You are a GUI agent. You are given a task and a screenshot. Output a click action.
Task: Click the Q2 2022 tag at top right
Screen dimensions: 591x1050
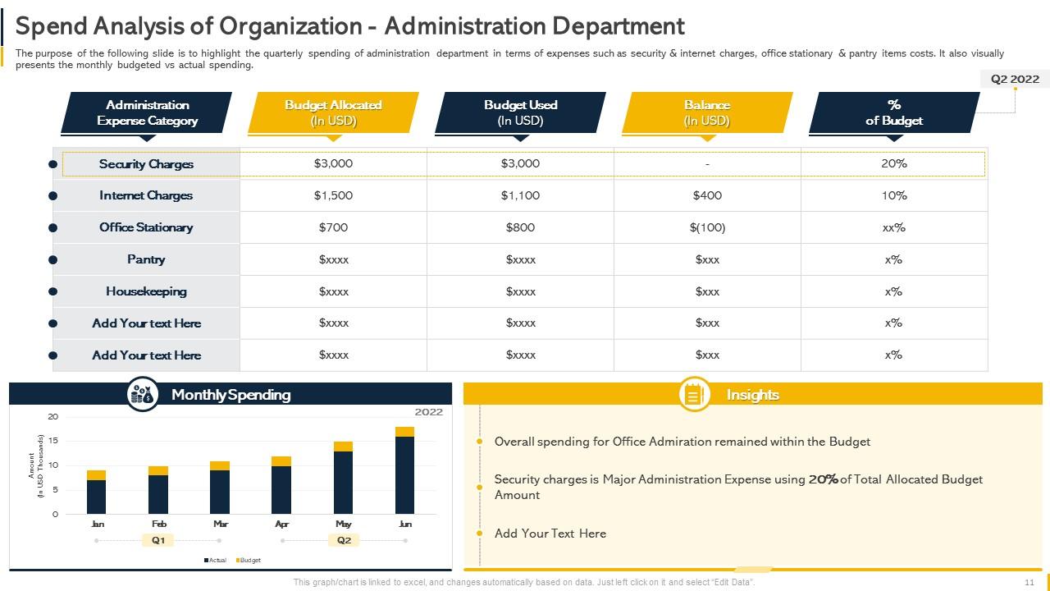coord(1015,79)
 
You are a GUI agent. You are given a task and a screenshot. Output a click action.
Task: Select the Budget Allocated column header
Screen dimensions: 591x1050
coord(333,112)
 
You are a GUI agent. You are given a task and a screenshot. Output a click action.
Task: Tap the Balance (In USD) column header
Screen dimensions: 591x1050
coord(707,112)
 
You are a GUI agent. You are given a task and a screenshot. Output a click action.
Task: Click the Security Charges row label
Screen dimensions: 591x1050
coord(146,164)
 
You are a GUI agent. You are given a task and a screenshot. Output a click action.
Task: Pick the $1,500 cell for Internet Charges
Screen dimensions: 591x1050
coord(333,195)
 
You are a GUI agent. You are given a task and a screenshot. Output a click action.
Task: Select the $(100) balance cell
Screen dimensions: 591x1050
coord(707,227)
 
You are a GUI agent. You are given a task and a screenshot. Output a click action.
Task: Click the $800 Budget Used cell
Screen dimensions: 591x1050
coord(520,227)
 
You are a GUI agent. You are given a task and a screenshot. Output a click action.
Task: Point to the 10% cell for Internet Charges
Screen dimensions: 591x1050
coord(894,195)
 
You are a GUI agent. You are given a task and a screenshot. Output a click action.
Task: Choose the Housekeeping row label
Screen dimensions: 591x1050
coord(146,291)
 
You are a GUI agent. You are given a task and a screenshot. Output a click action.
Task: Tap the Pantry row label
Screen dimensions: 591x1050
coord(146,259)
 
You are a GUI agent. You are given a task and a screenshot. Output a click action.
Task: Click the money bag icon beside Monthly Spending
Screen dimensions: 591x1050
coord(143,395)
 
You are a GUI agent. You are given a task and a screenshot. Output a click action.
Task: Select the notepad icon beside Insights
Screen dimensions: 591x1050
coord(695,395)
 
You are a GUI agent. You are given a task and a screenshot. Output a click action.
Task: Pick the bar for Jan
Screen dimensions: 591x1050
coord(96,493)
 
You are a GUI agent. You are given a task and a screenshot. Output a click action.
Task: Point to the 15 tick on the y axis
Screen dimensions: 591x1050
coord(53,441)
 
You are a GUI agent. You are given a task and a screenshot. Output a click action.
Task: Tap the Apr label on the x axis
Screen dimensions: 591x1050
coord(281,524)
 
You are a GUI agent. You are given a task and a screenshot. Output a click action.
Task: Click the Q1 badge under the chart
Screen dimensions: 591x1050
coord(158,540)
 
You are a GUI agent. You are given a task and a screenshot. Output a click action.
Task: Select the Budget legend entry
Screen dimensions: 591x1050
coord(249,560)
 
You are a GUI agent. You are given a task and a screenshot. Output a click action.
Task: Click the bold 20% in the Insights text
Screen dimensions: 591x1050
coord(823,479)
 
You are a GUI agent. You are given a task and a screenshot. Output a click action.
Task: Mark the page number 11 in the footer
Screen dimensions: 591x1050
coord(1029,582)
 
